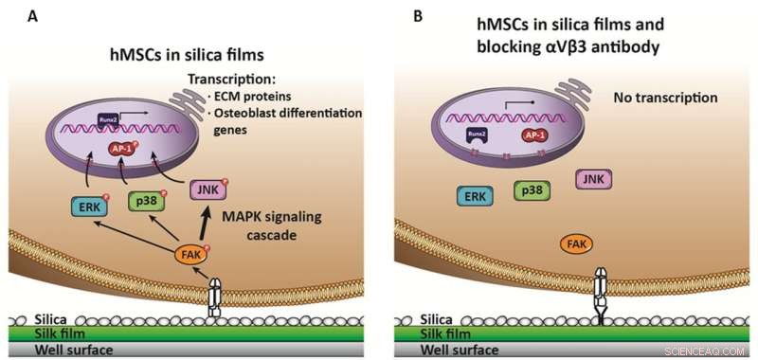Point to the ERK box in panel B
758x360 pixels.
click(x=472, y=195)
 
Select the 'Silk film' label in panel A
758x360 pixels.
click(x=37, y=334)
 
